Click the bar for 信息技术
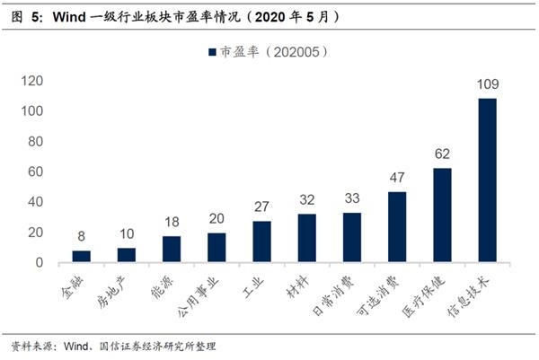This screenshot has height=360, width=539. pos(487,180)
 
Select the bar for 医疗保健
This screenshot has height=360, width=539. pos(442,215)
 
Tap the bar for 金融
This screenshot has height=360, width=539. pos(82,257)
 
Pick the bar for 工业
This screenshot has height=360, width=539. pos(261,241)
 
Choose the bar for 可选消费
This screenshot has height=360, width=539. pos(397,227)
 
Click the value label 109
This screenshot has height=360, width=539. pos(487,84)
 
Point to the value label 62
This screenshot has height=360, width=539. pos(442,154)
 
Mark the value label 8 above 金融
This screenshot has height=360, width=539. pos(82,237)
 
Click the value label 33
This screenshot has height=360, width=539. pos(352,198)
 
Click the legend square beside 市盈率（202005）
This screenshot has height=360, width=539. pos(212,53)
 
